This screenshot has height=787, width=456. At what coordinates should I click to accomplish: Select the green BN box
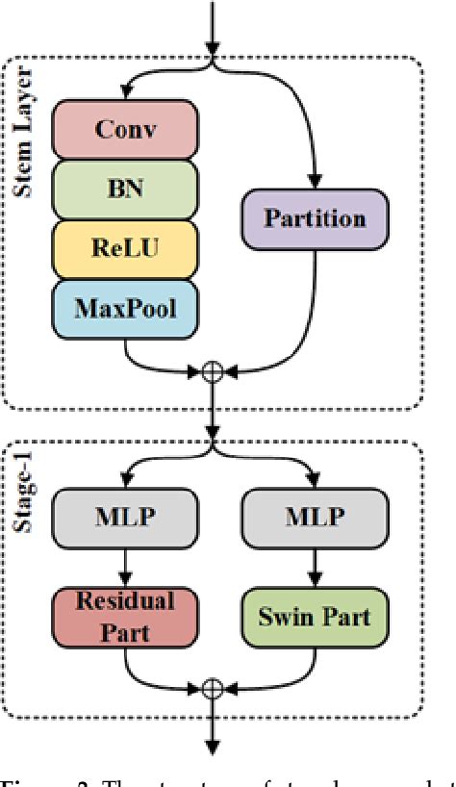tap(126, 190)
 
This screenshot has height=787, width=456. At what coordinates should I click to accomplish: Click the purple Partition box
tap(317, 217)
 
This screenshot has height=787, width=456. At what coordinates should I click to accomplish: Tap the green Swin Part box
tap(316, 615)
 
